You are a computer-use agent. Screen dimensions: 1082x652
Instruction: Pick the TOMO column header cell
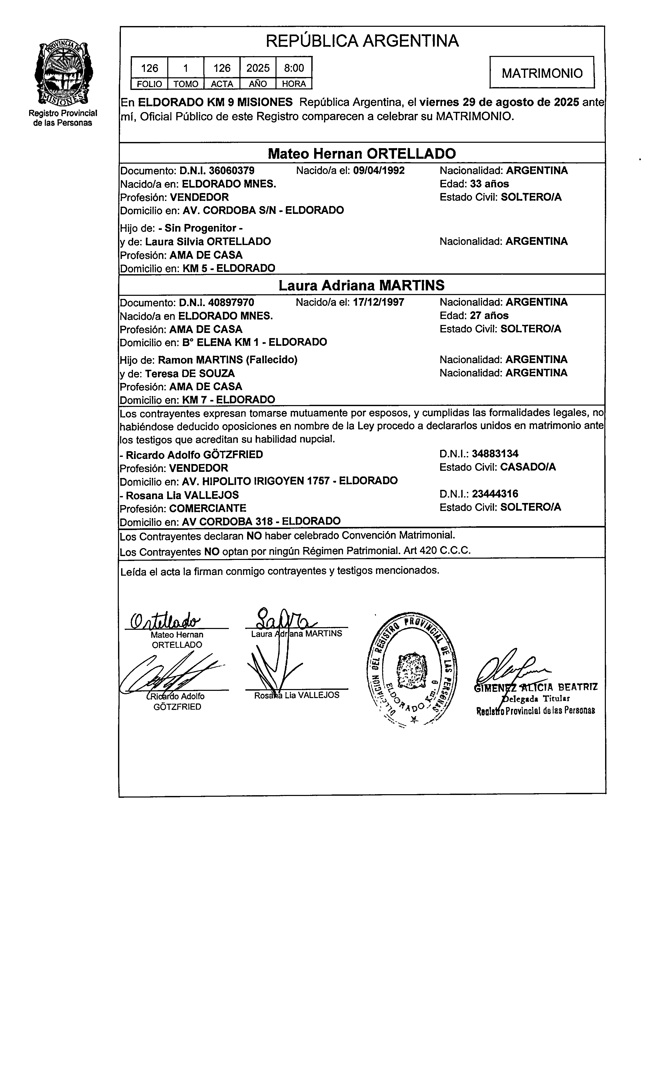tap(186, 84)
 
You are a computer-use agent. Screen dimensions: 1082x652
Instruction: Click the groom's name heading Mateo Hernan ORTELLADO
tap(362, 154)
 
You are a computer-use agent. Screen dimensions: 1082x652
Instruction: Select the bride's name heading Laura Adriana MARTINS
tap(362, 286)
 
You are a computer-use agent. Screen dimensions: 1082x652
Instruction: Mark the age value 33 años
tap(489, 183)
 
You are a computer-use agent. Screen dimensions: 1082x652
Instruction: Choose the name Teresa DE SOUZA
tap(190, 373)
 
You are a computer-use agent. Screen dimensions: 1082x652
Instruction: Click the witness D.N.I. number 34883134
tap(495, 454)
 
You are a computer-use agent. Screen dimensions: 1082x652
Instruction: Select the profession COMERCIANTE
tap(208, 508)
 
